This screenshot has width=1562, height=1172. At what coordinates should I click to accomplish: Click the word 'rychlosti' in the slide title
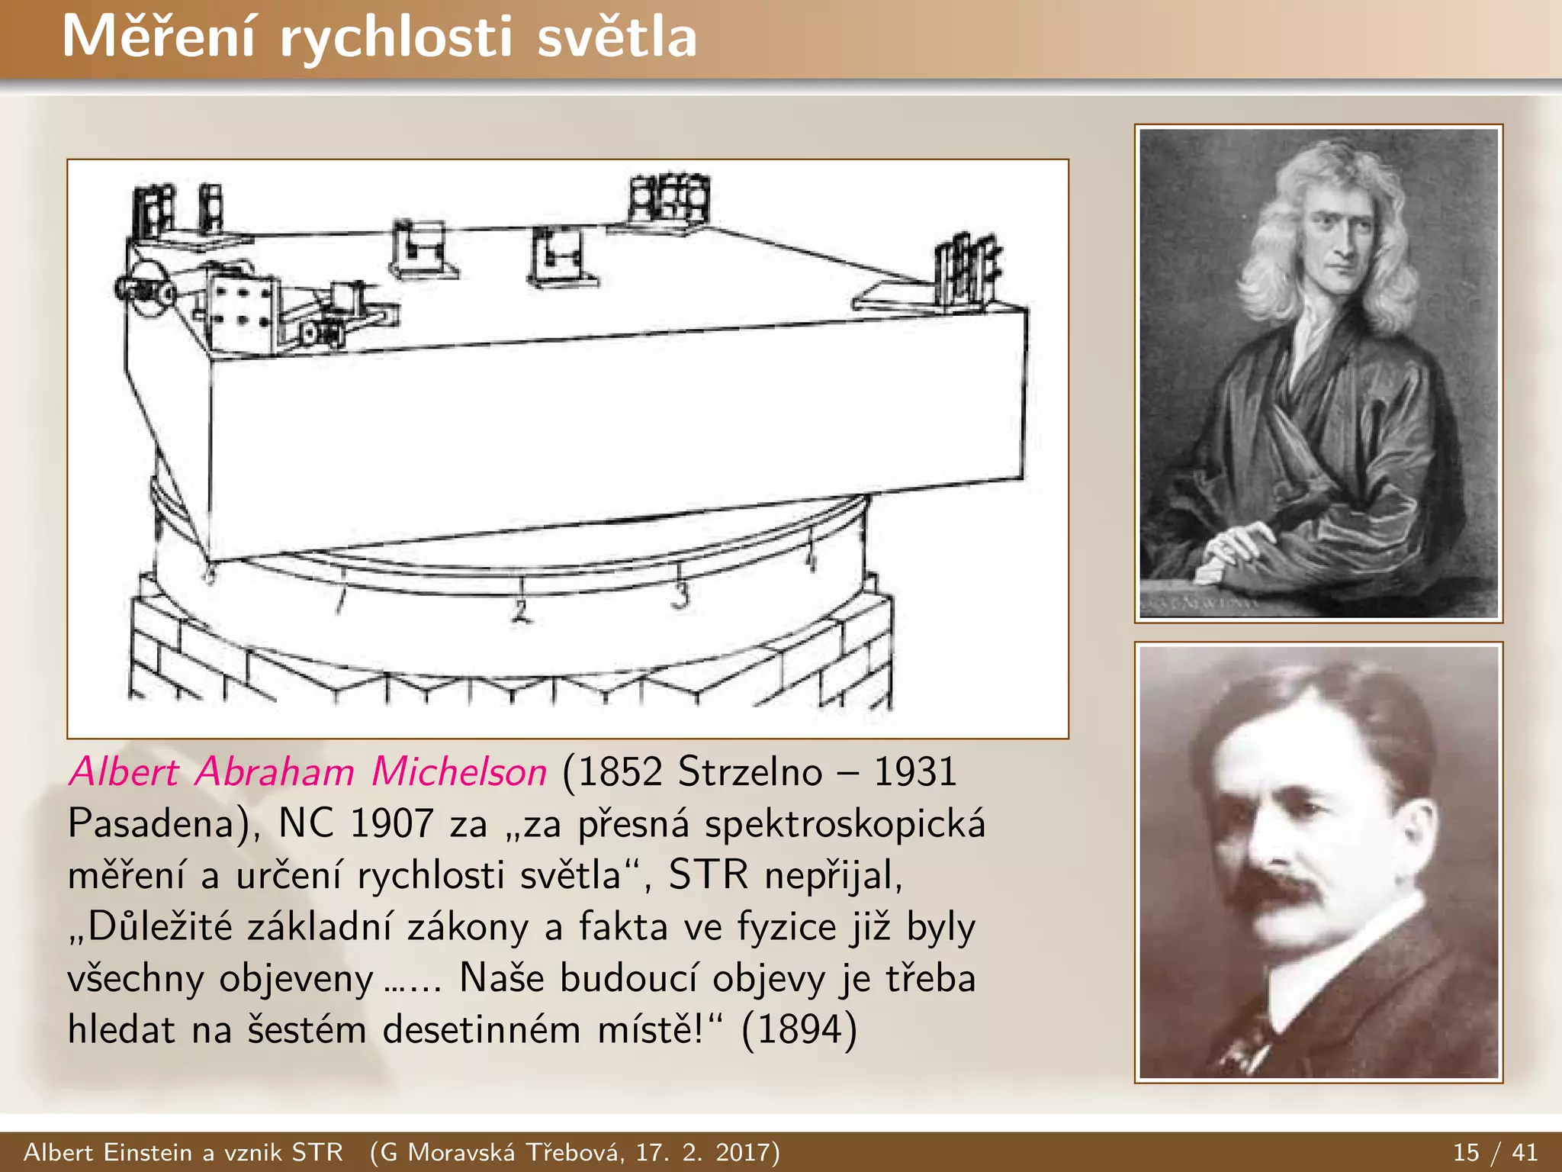point(396,38)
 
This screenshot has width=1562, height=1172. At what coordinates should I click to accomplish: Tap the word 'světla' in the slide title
point(617,38)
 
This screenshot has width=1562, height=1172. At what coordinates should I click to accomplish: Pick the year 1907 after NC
point(391,824)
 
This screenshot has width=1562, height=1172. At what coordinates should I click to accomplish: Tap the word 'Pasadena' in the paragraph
point(157,824)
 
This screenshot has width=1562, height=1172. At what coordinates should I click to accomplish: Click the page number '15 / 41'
point(1495,1151)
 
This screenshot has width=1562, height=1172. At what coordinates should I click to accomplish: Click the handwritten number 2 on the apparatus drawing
point(521,610)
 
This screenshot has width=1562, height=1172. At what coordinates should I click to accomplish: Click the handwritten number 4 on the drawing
point(811,562)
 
